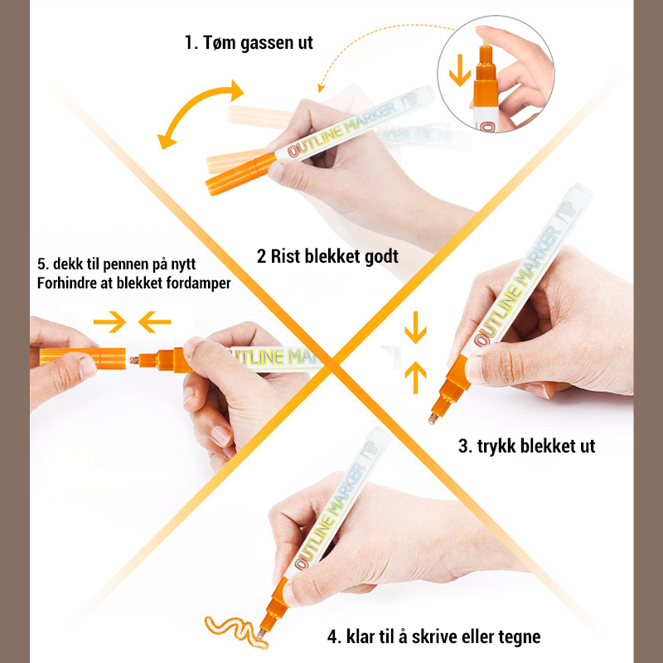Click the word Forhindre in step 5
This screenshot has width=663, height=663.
point(66,283)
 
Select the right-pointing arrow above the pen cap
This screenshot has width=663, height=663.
point(109,322)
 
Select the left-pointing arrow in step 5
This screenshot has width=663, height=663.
point(154,322)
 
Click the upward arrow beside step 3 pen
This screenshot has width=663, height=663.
point(416,377)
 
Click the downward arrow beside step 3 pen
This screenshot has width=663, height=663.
point(416,327)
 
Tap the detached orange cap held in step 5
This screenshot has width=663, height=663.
point(83,358)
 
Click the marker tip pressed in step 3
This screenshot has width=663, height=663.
point(433,419)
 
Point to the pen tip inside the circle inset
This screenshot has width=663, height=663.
point(486,43)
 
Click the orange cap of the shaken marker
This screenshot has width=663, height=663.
point(240,174)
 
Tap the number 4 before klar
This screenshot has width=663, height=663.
point(333,636)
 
